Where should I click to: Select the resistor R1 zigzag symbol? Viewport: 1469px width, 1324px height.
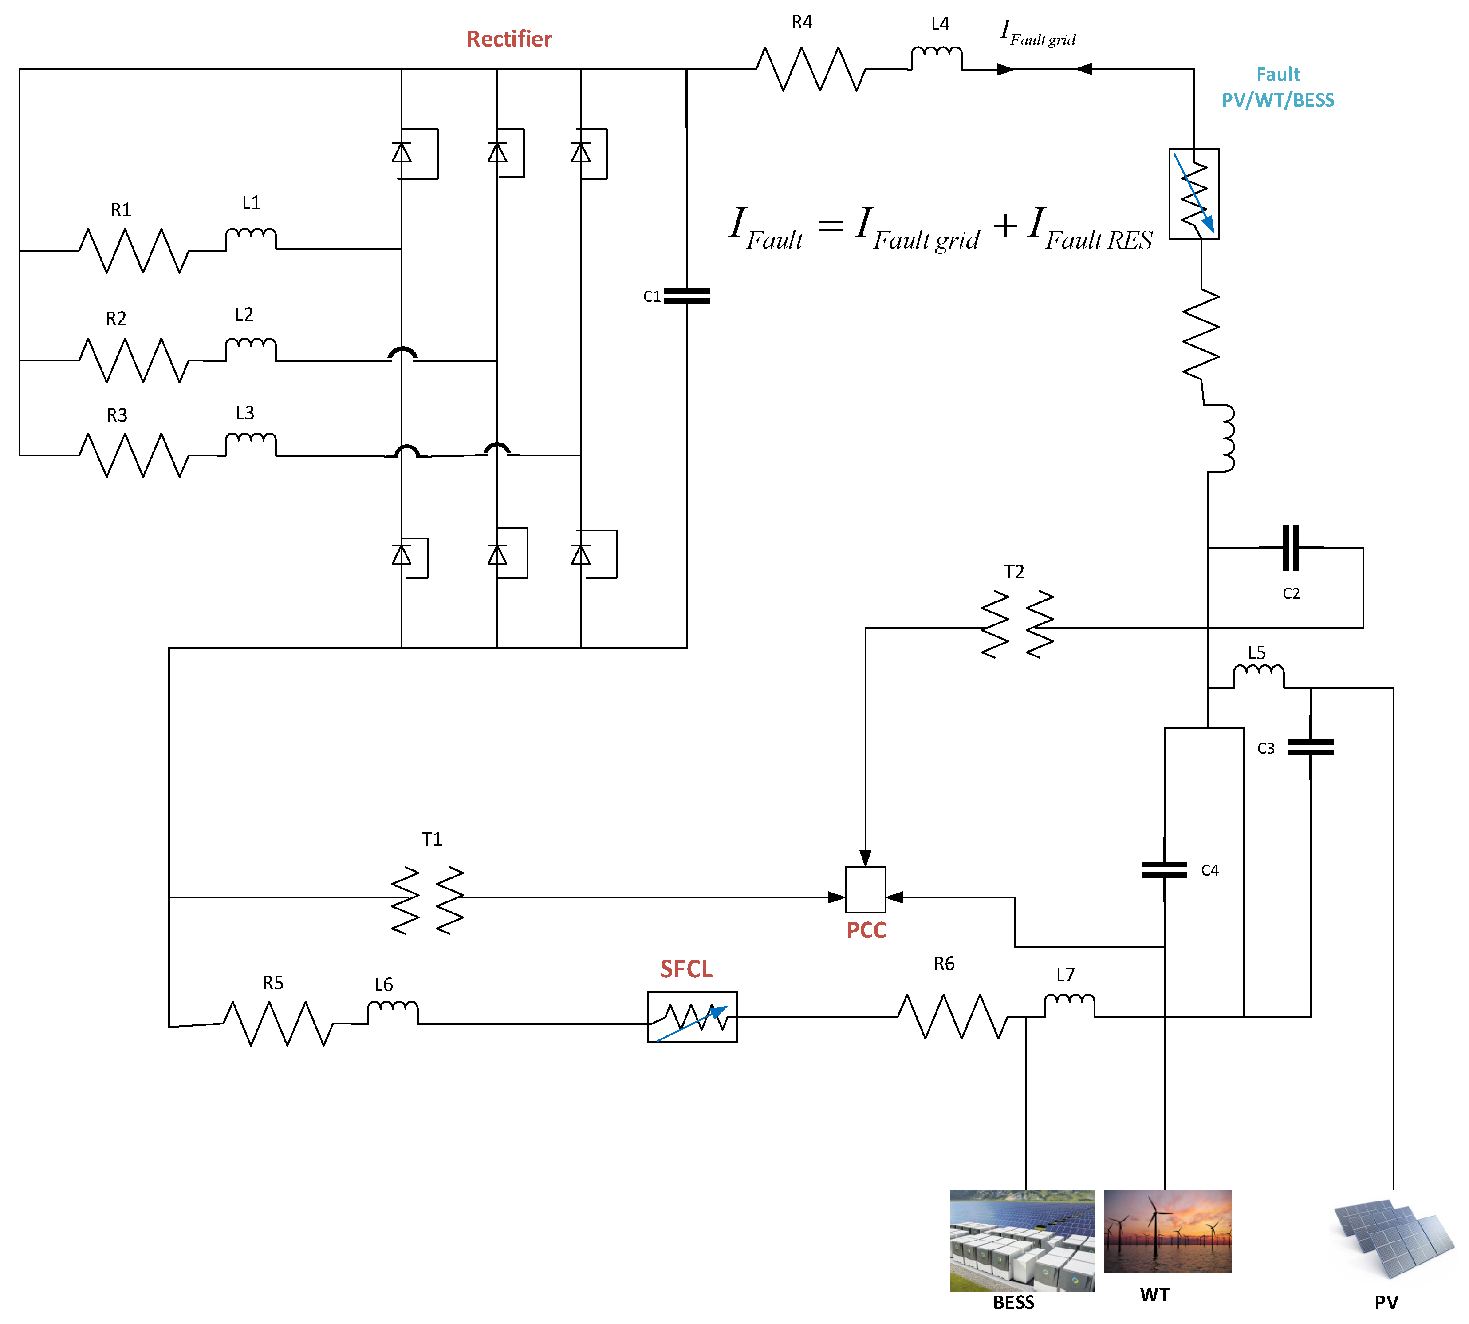(x=133, y=250)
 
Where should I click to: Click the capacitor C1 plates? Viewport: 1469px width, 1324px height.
(x=686, y=295)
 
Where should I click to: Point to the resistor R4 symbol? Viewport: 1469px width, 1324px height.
(x=810, y=69)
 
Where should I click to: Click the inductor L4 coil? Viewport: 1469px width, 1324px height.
(x=937, y=57)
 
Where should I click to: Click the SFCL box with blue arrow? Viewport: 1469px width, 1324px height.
(x=692, y=1016)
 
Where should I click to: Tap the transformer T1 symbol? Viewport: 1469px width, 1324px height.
(x=428, y=900)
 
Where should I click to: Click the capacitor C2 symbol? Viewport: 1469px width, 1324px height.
(x=1290, y=548)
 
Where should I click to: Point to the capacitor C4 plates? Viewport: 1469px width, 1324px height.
(x=1164, y=869)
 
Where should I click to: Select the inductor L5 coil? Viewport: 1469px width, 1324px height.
(x=1258, y=676)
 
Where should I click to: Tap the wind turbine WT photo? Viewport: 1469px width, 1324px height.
(x=1167, y=1231)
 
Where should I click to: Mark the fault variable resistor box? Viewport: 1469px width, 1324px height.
(x=1193, y=194)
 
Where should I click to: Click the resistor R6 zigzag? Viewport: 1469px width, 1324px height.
(x=953, y=1016)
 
